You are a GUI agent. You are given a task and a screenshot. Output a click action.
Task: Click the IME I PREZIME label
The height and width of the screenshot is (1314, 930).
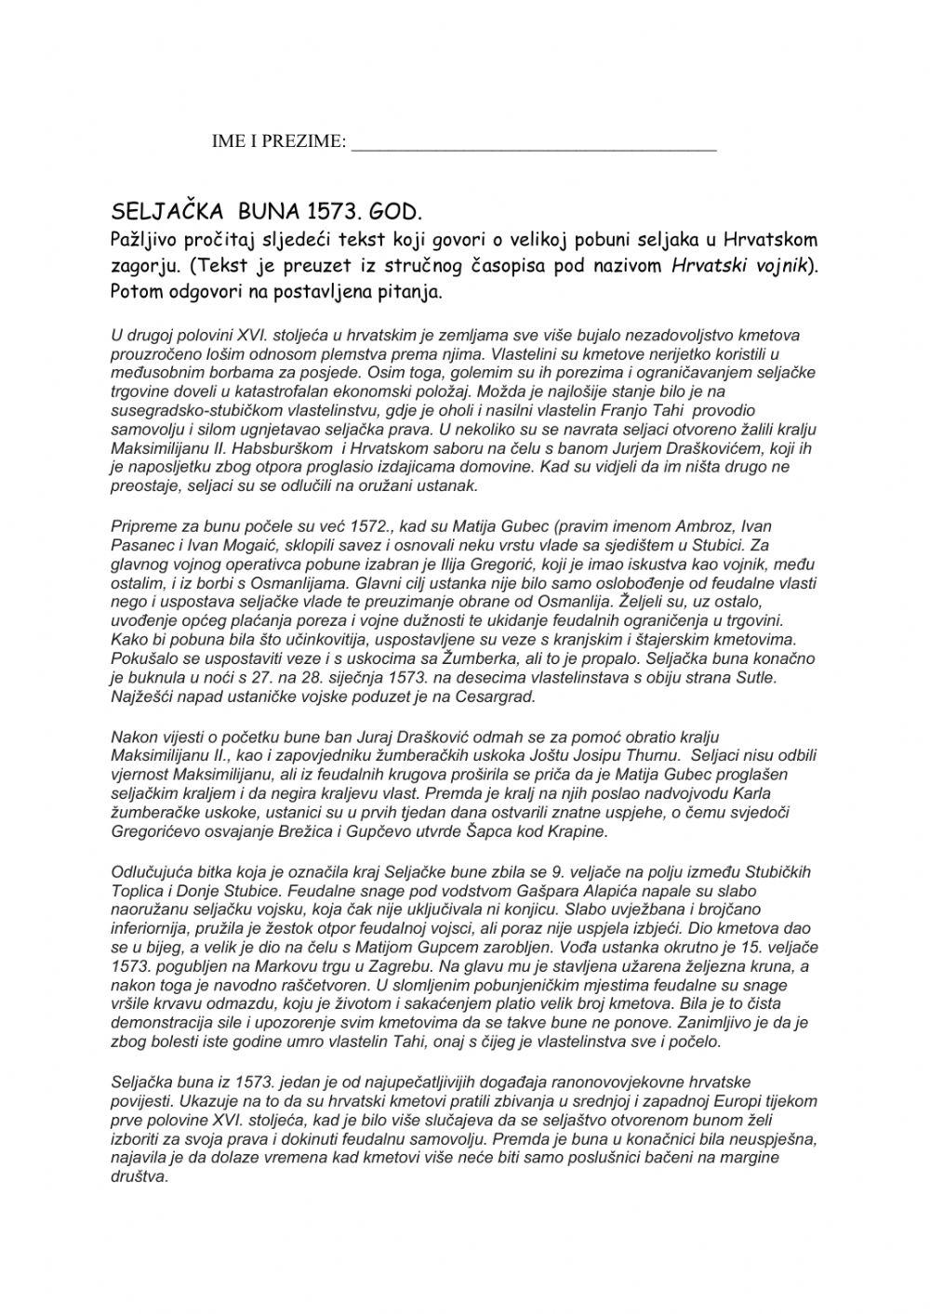278,141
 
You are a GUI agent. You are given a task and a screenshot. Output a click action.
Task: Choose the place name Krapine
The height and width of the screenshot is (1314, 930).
576,830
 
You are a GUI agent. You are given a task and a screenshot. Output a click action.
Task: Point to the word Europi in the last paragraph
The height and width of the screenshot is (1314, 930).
692,1101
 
